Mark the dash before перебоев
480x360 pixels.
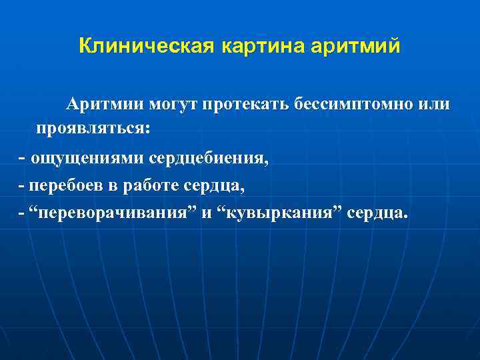click(x=21, y=186)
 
